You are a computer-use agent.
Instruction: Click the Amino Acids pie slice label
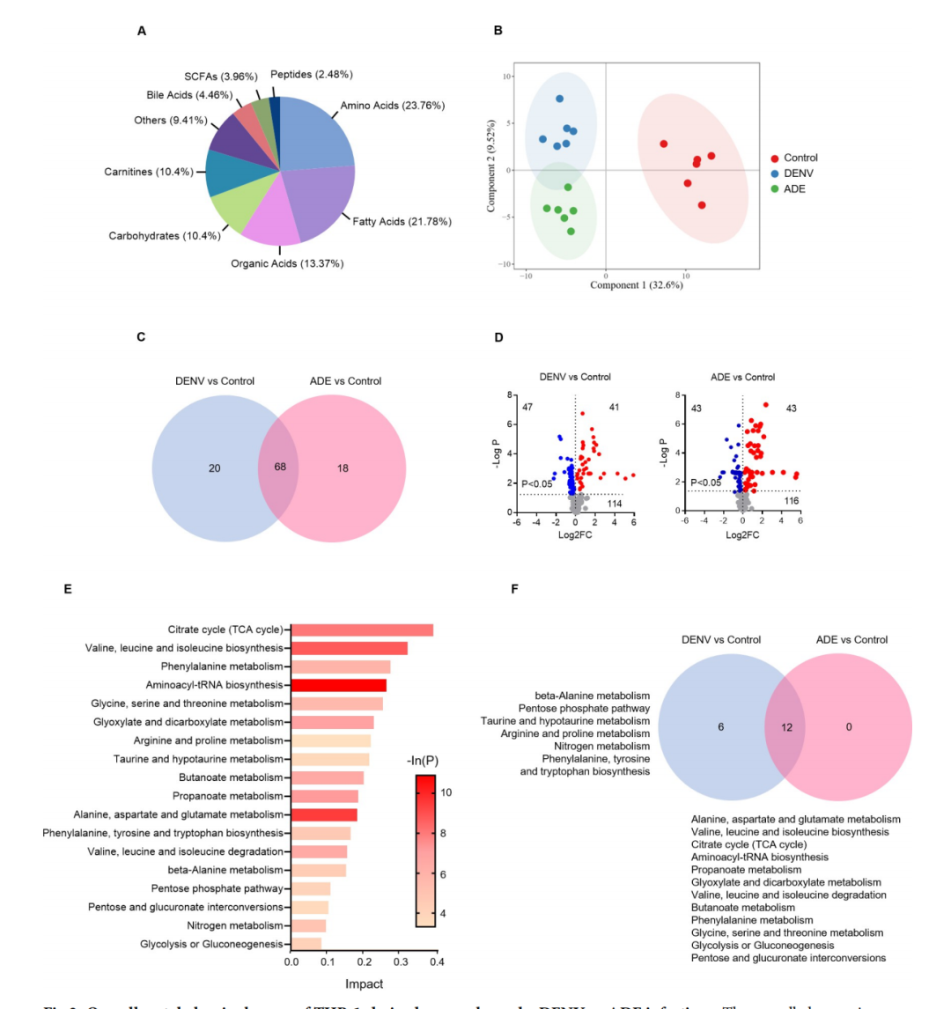pos(392,106)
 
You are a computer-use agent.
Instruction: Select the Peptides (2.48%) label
pos(311,75)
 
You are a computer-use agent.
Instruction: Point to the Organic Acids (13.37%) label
pos(287,263)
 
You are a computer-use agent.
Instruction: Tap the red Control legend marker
pos(774,158)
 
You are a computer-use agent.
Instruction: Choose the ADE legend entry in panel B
pos(793,189)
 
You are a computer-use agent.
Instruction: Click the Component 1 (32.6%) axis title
pos(636,285)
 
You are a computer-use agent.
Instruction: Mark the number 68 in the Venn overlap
pos(280,467)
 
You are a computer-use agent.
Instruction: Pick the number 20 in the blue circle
pos(214,468)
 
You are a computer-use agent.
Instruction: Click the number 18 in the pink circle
pos(343,468)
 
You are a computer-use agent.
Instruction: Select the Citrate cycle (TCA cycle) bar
pos(362,630)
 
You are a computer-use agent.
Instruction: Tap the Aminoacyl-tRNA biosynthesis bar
pos(338,685)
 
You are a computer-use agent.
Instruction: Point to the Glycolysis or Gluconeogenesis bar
pos(306,944)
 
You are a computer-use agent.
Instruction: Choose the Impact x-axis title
pos(364,983)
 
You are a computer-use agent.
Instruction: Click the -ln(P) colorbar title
pos(429,760)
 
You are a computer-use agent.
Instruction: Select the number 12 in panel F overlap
pos(785,727)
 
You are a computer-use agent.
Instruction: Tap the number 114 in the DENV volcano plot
pos(614,504)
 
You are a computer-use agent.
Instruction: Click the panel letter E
pos(68,589)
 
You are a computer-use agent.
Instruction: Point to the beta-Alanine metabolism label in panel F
pos(592,696)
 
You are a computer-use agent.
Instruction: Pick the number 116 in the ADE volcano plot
pos(791,501)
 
